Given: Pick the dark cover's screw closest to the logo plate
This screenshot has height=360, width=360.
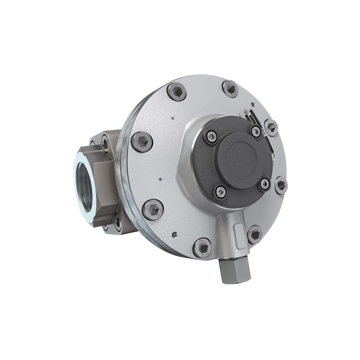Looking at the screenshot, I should [256, 132].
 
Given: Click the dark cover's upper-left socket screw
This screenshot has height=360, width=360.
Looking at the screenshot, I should [211, 137].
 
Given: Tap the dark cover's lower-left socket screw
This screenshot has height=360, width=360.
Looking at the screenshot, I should [220, 191].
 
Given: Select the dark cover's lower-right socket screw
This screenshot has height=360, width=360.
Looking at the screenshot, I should [264, 184].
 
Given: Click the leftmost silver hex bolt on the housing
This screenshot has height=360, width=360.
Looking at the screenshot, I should [142, 141].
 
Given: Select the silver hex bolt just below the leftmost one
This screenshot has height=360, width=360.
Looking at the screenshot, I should [153, 209].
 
